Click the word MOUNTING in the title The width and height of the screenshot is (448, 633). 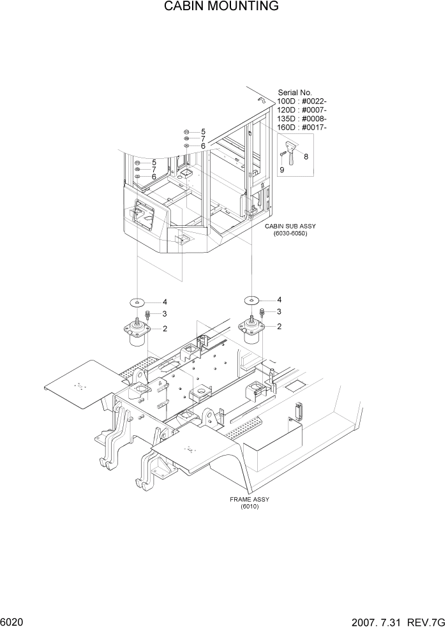click(x=248, y=7)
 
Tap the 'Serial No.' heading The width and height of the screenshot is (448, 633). click(x=295, y=93)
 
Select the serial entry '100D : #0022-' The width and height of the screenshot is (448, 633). click(x=302, y=101)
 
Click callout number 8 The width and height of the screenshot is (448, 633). click(x=306, y=156)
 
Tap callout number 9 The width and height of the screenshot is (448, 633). click(x=282, y=170)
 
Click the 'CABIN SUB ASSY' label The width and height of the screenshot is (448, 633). click(x=290, y=227)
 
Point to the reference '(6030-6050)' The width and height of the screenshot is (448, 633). click(x=290, y=234)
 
